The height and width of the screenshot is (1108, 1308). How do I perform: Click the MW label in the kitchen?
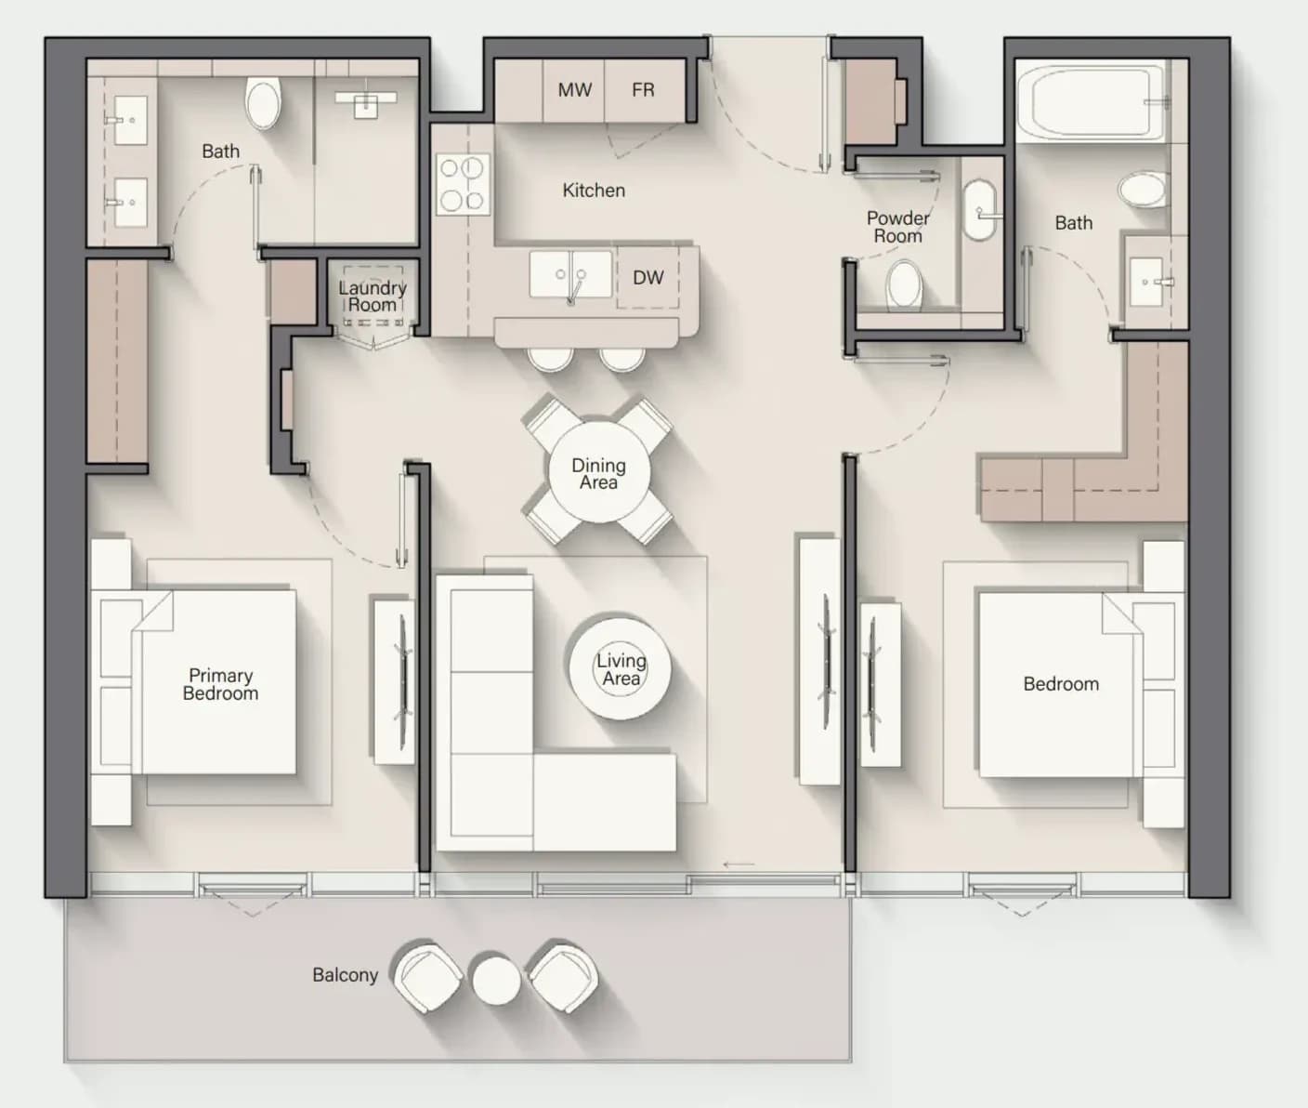tap(575, 90)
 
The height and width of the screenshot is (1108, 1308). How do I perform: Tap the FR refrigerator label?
tap(643, 90)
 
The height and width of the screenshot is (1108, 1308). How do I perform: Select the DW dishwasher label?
tap(648, 277)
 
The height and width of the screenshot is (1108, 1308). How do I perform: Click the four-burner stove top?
tap(463, 184)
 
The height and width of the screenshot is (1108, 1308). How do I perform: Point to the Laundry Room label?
tap(373, 297)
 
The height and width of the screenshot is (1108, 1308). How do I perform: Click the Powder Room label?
tap(898, 227)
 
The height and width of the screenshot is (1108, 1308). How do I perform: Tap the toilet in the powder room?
tap(904, 285)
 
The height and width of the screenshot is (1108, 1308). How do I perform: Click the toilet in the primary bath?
tap(263, 103)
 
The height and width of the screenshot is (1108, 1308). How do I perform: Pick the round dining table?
tap(598, 472)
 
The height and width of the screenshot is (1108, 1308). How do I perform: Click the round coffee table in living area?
tap(620, 668)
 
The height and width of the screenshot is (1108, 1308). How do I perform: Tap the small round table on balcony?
tap(497, 980)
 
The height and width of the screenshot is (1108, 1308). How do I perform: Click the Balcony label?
tap(345, 975)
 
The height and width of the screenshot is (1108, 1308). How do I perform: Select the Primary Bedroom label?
tap(220, 684)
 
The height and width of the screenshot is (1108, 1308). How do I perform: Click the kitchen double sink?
tap(570, 274)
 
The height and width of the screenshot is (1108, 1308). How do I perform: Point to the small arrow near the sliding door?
tap(739, 864)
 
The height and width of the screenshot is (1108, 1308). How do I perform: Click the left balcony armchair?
tap(427, 978)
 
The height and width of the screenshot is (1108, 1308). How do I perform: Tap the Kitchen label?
tap(594, 190)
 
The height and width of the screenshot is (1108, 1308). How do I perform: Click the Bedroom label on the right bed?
tap(1061, 684)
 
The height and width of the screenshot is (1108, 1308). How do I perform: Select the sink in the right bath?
tap(1147, 282)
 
